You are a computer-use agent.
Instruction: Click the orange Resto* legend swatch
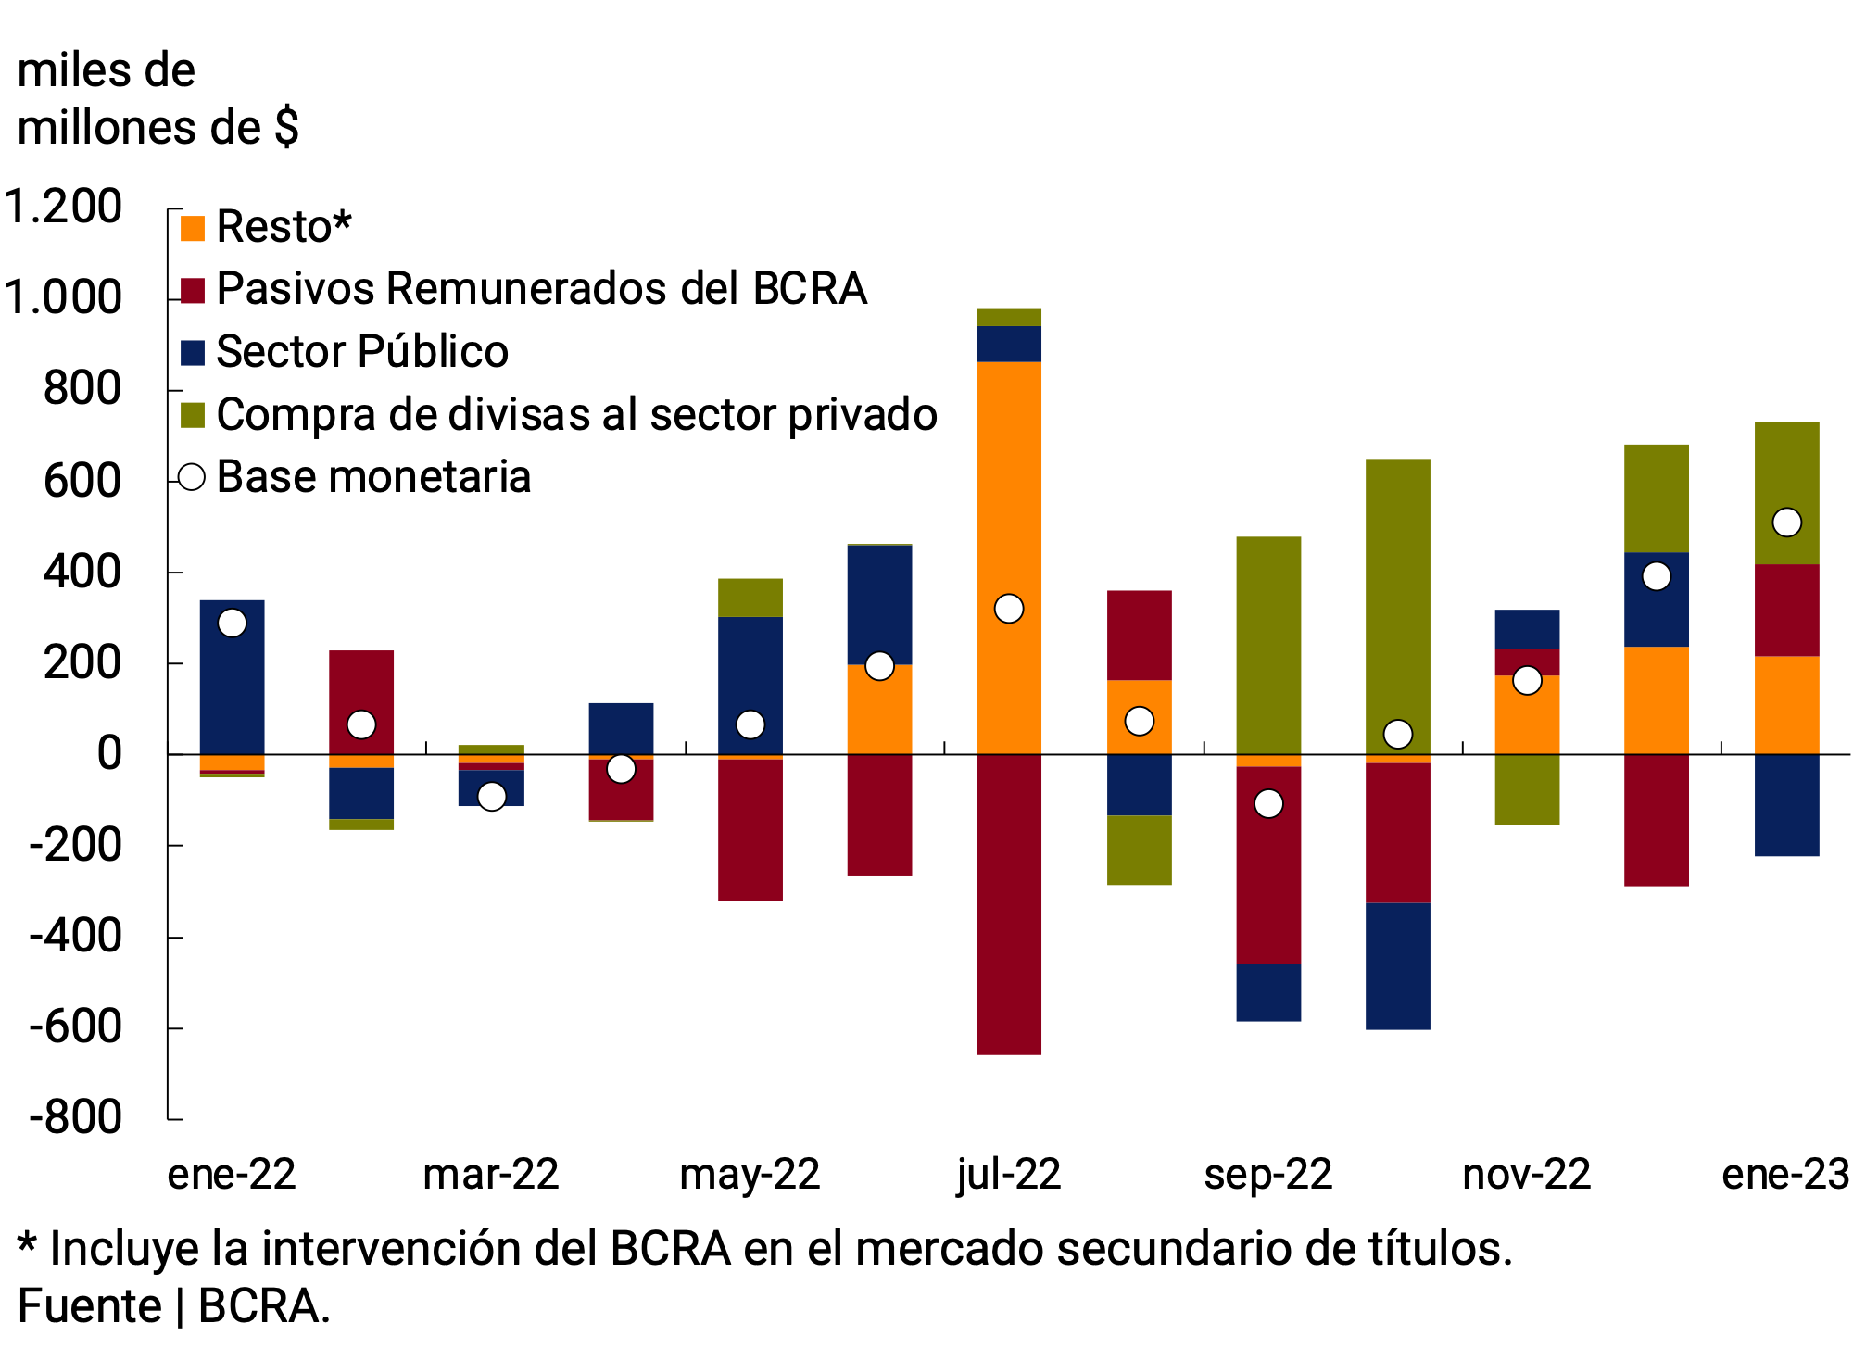point(192,228)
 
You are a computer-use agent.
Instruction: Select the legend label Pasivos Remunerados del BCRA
point(541,289)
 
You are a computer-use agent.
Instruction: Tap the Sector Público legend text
point(362,352)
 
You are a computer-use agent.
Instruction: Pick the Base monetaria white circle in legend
point(192,477)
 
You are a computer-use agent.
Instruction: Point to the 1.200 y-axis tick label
point(63,207)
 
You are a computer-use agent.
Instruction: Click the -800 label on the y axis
point(74,1117)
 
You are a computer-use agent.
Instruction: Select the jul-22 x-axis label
point(1008,1175)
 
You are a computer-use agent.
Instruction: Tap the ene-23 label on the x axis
point(1785,1175)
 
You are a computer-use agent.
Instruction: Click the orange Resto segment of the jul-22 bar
point(1008,556)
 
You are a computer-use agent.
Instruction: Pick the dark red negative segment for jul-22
point(1008,903)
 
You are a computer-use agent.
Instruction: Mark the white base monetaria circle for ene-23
point(1786,523)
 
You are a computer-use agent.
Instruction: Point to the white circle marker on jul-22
point(1008,609)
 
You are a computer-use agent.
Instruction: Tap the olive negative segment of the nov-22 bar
point(1527,789)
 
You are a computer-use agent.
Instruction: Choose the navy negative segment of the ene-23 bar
point(1786,804)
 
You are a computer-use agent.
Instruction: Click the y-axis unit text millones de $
point(158,128)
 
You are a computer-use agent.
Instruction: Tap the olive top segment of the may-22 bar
point(750,598)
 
